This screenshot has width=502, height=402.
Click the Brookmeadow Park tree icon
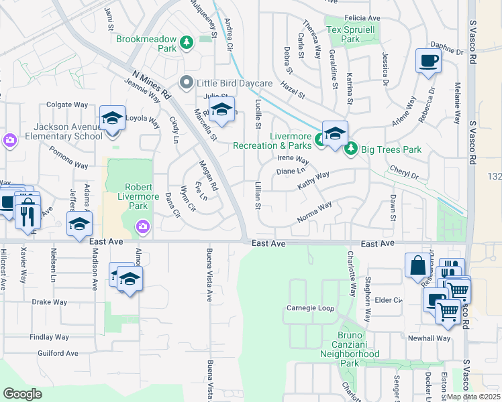(x=187, y=44)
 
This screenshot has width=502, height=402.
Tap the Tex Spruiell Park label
(x=352, y=34)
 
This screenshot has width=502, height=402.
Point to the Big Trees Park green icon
(x=350, y=149)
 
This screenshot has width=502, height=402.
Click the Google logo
(x=23, y=393)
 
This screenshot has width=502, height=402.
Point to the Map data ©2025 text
(x=473, y=397)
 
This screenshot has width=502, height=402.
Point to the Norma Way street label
(x=315, y=213)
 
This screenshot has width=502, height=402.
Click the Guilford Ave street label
(x=58, y=353)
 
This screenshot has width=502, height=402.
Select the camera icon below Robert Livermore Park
(x=142, y=228)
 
